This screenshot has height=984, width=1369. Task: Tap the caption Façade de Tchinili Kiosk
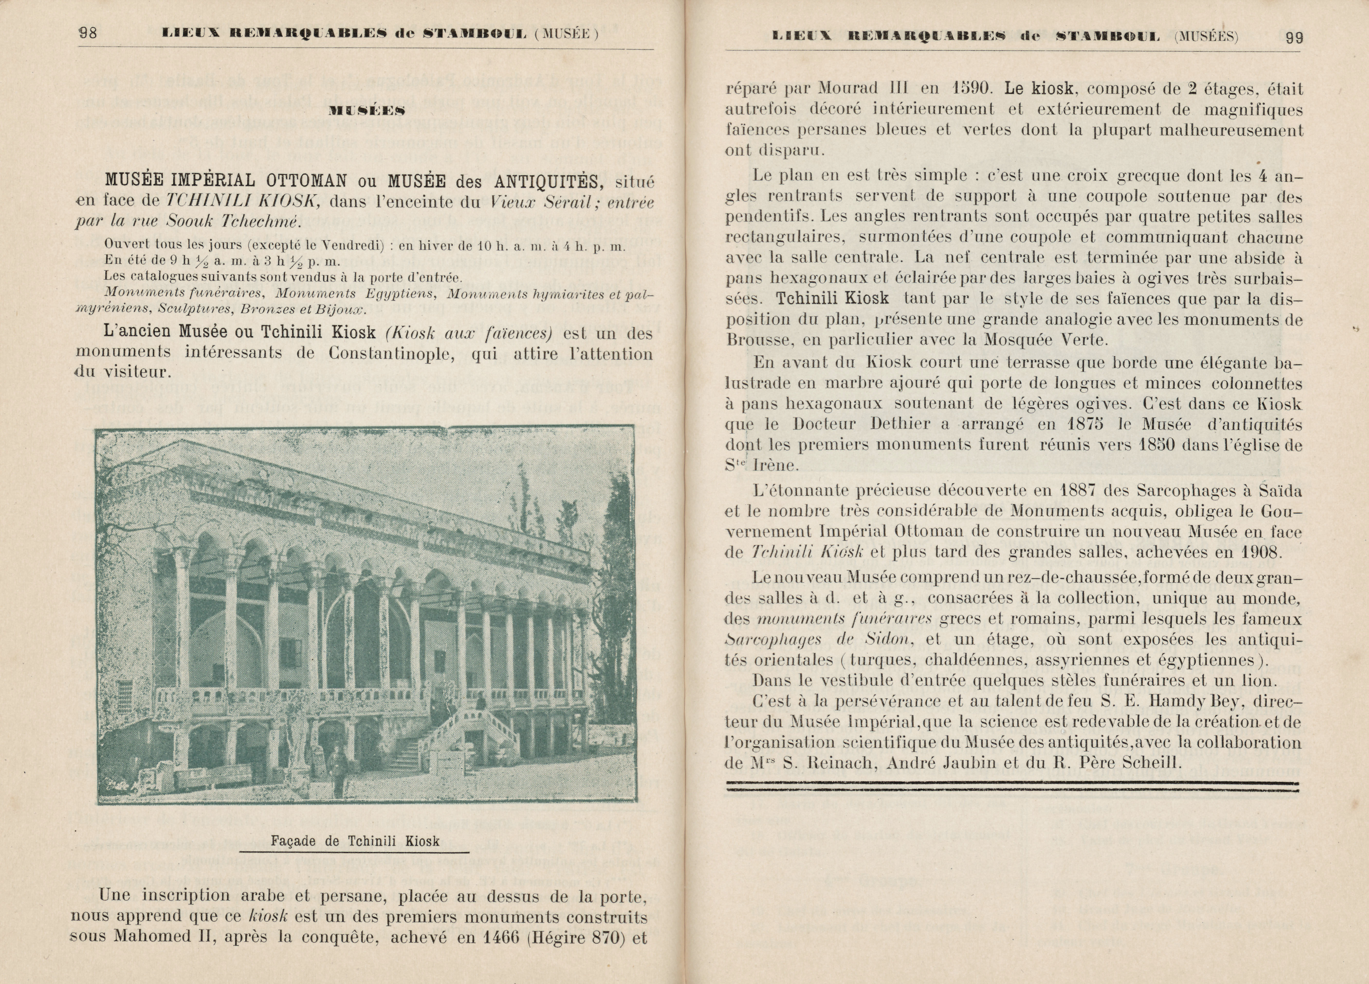[355, 841]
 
